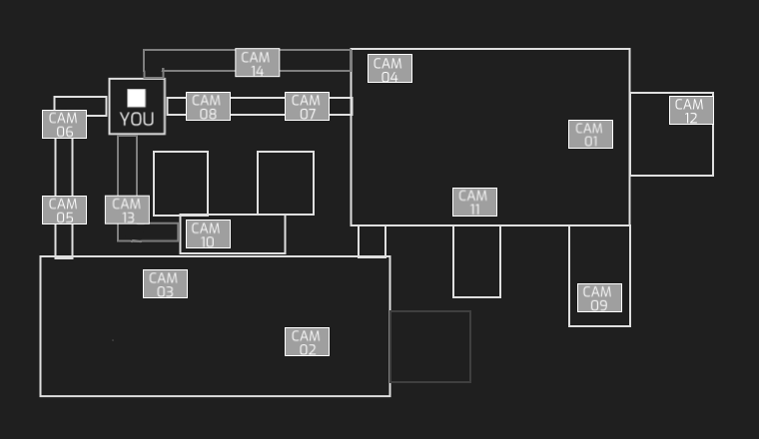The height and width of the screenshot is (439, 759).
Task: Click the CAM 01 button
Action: click(590, 134)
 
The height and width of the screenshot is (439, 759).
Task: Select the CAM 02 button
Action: click(307, 342)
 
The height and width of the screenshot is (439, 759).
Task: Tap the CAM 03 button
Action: click(165, 284)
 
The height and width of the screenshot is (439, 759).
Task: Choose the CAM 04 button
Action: click(389, 69)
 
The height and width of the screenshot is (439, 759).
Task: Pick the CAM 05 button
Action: click(64, 211)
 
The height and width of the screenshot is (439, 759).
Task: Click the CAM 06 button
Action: click(64, 125)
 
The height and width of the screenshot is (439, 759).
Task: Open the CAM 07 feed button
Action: click(307, 107)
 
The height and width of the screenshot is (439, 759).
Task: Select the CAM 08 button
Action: click(208, 107)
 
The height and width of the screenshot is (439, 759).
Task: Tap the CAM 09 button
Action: click(599, 298)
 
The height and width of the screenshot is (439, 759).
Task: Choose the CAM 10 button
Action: click(208, 234)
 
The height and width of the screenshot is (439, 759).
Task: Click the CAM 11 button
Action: click(474, 203)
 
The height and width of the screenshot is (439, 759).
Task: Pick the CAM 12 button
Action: click(691, 111)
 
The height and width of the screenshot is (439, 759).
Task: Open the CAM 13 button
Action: click(127, 211)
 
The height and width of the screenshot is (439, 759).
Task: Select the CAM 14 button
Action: click(258, 63)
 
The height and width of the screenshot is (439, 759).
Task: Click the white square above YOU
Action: click(137, 98)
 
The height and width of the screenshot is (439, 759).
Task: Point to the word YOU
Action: click(137, 120)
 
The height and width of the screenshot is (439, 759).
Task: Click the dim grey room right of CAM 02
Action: click(429, 346)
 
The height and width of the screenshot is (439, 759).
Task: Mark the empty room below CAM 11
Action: click(476, 261)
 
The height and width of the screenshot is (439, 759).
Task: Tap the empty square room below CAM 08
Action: click(181, 183)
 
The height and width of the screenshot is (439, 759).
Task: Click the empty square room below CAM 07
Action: click(286, 183)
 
